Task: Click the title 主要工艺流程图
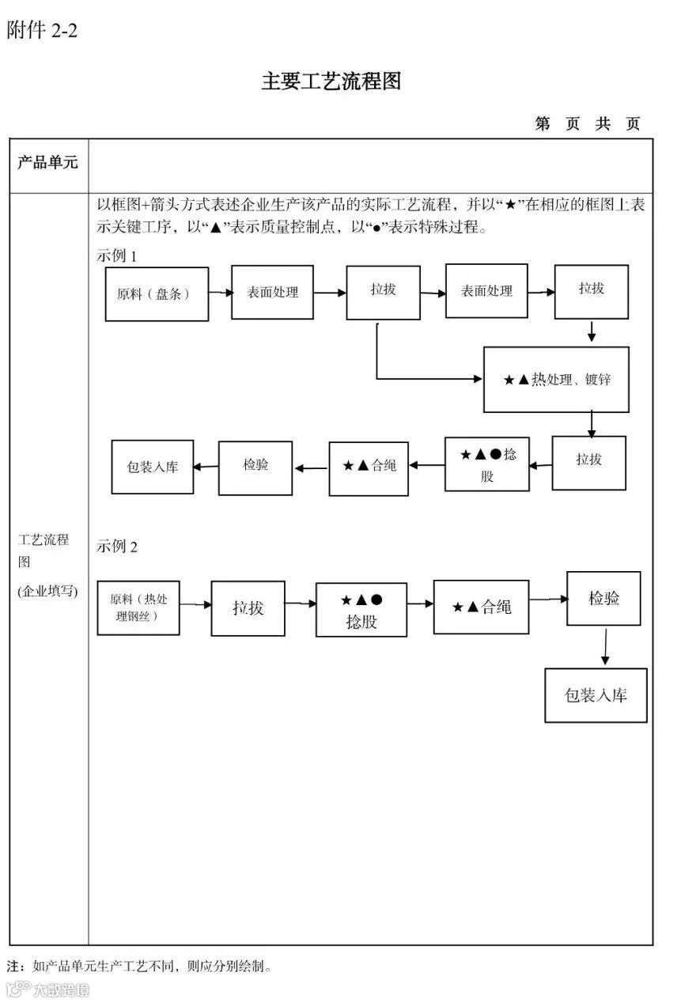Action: tap(331, 81)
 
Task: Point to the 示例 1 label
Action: tap(117, 256)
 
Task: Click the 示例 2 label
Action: tap(117, 547)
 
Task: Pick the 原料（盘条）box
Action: tap(157, 293)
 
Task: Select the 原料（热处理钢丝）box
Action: tap(138, 607)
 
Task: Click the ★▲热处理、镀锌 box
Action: tap(556, 380)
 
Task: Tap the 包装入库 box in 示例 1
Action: tap(153, 467)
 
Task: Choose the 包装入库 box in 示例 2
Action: tap(596, 695)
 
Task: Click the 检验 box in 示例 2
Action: tap(603, 599)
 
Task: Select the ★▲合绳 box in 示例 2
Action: tap(481, 607)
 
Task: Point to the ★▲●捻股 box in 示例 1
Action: tap(486, 464)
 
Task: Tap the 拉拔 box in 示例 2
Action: tap(248, 607)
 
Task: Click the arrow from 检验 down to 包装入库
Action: tap(605, 646)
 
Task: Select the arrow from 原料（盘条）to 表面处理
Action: tap(220, 293)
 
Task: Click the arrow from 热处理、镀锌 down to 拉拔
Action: tap(591, 424)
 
